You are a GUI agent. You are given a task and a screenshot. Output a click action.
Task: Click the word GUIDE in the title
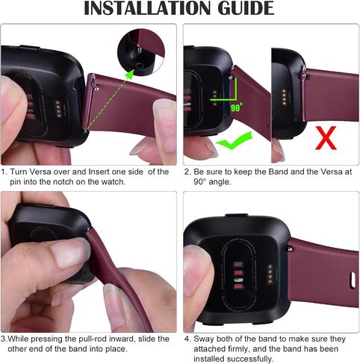tap(246, 8)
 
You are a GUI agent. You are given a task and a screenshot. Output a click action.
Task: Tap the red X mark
tap(326, 138)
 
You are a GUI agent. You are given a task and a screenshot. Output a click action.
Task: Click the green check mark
tap(234, 141)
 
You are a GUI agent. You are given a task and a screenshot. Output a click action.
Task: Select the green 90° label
tap(236, 107)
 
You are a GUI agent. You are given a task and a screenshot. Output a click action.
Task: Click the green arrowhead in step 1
tap(129, 75)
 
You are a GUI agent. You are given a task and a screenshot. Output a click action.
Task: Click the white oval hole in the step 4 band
tap(353, 280)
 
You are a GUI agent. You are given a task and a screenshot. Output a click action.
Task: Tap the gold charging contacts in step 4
tap(270, 274)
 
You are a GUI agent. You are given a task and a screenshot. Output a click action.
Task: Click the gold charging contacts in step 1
tap(58, 109)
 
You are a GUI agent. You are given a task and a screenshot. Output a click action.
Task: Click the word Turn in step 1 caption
tap(19, 172)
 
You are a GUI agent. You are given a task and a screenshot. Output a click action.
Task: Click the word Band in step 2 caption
tap(279, 172)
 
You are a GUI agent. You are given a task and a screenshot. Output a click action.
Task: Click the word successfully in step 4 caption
tap(249, 359)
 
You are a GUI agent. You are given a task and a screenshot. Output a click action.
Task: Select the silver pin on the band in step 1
tap(94, 83)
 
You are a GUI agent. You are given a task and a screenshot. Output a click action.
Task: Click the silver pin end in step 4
tap(290, 248)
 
